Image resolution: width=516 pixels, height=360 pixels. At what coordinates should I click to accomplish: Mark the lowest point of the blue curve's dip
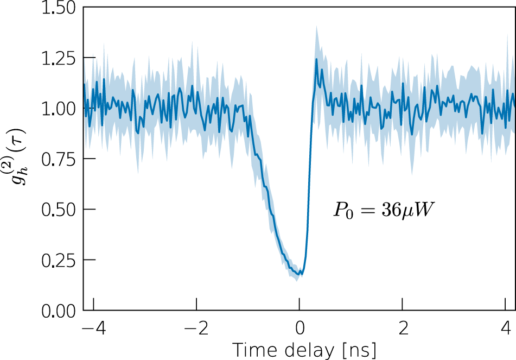(300, 275)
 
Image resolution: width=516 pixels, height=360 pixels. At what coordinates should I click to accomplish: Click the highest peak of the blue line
(316, 59)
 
